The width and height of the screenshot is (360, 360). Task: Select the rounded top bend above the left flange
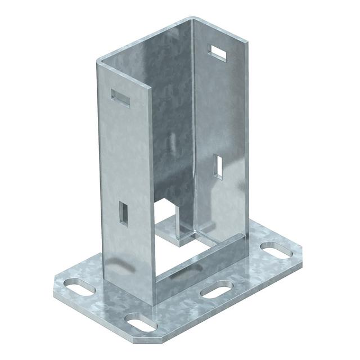point(100,58)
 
